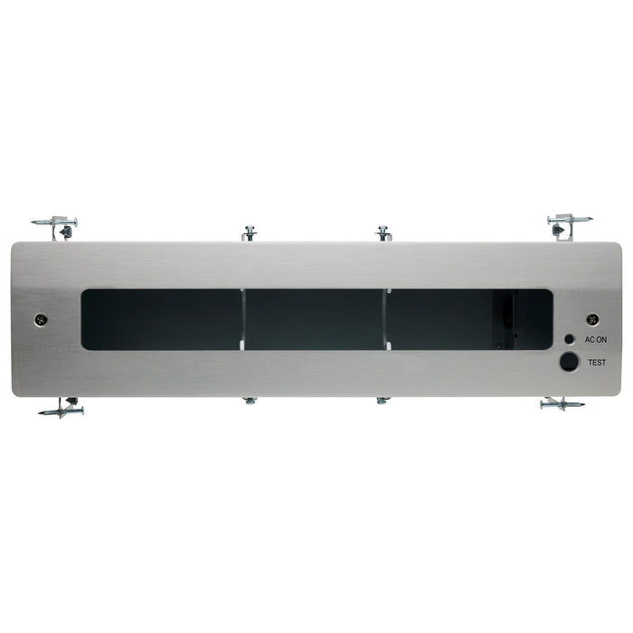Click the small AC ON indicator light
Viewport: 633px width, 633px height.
[x=569, y=339]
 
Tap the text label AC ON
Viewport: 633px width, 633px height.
[x=595, y=340]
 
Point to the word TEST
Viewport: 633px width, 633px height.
[x=596, y=362]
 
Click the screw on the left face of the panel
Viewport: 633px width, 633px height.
[x=40, y=319]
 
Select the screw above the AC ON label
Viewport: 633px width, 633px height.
[x=592, y=319]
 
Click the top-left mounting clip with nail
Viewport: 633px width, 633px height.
[x=56, y=223]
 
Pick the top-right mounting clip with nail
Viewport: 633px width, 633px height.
[x=568, y=222]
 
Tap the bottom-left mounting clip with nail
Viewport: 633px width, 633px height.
[x=62, y=409]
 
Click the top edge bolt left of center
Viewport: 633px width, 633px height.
[x=250, y=233]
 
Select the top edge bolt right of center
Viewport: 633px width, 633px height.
[x=383, y=232]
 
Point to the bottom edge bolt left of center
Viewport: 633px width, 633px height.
[x=250, y=400]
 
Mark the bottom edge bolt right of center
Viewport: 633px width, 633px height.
[x=383, y=399]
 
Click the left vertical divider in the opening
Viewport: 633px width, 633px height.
[x=243, y=317]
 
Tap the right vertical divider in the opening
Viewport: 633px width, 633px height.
[x=386, y=317]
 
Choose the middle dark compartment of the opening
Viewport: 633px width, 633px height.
[x=315, y=319]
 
